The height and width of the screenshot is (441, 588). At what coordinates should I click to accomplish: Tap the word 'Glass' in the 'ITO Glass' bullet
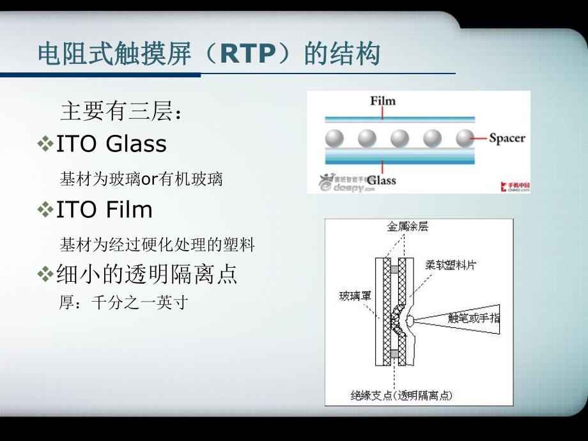(136, 144)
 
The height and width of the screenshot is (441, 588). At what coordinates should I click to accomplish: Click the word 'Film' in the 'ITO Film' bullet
(129, 209)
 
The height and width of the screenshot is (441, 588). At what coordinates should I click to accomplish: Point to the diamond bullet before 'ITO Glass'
(45, 144)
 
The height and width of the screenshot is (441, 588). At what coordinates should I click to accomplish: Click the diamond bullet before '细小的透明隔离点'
(45, 275)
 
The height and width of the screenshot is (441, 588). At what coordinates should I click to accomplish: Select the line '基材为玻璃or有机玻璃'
(141, 179)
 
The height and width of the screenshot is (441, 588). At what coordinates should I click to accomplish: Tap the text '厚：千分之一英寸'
(123, 302)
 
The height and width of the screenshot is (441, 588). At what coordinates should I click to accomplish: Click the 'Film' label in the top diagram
(383, 101)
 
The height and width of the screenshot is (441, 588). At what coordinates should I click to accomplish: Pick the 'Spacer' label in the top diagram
(507, 137)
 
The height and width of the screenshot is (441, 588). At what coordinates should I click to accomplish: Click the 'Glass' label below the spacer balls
(382, 180)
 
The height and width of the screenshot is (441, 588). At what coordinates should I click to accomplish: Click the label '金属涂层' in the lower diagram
(408, 227)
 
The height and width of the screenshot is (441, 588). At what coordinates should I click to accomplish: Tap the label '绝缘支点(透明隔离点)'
(401, 396)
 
